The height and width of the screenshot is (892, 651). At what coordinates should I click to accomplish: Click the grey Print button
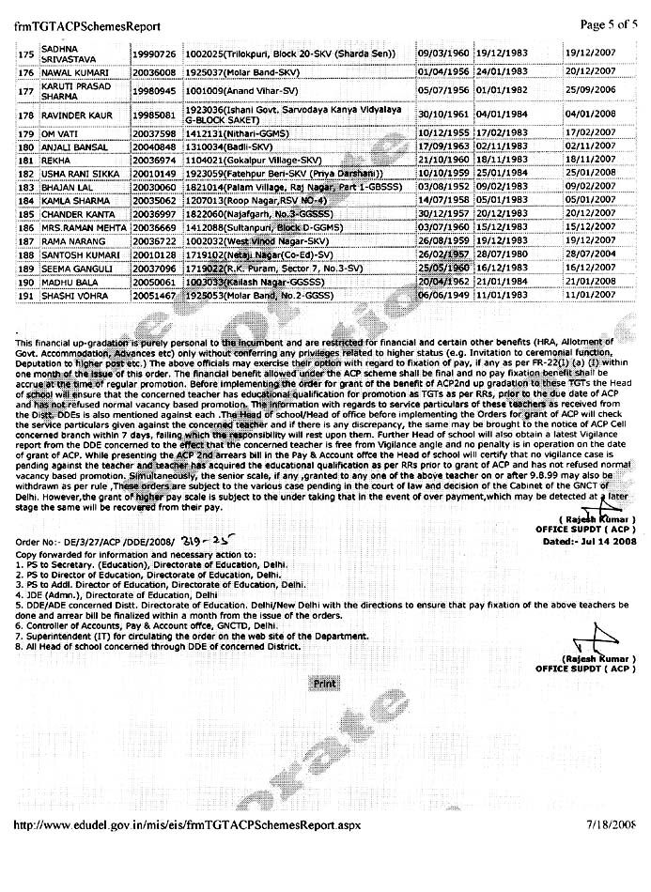[x=324, y=683]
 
